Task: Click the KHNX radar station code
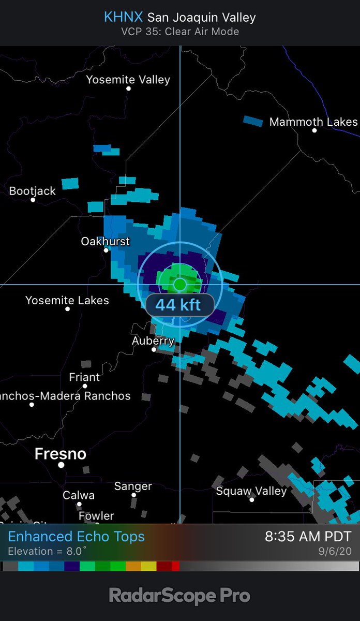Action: click(123, 17)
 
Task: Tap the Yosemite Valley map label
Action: click(128, 80)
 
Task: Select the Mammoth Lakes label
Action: click(313, 122)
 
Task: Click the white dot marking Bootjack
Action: click(33, 200)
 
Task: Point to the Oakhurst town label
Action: click(106, 241)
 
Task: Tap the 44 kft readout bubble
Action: click(179, 304)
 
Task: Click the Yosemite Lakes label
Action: click(67, 300)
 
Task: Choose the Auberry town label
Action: click(153, 341)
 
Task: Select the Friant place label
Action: click(84, 377)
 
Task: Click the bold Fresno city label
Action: click(60, 454)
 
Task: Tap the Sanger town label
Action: click(133, 486)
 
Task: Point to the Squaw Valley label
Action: click(251, 491)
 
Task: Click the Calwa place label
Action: click(79, 495)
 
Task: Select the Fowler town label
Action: click(96, 516)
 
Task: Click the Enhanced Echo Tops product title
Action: click(77, 537)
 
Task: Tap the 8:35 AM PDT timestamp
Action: click(308, 537)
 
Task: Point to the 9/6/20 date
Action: click(337, 552)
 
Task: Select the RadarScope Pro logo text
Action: click(179, 596)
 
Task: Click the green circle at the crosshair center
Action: click(179, 284)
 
